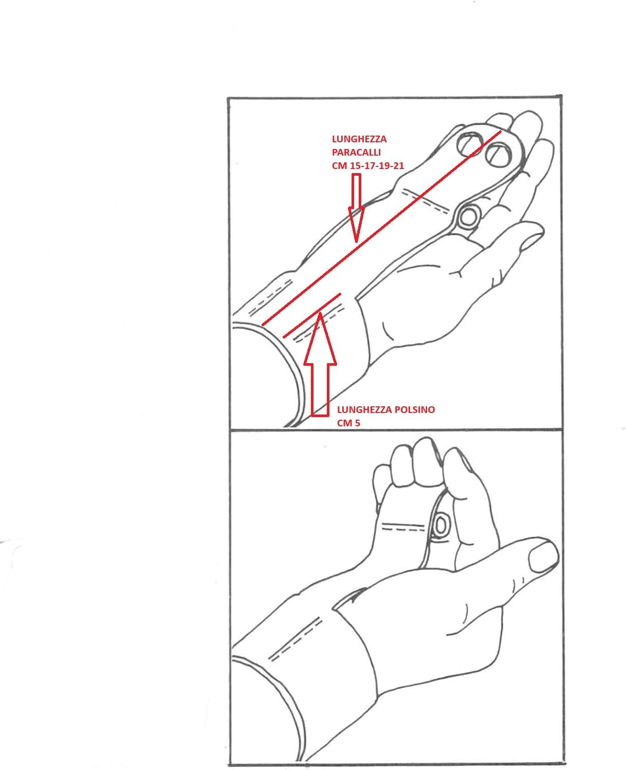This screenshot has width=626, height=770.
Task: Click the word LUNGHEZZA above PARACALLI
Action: point(359,139)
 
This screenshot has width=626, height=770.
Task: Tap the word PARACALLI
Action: point(356,152)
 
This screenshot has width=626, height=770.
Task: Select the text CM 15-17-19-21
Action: point(367,165)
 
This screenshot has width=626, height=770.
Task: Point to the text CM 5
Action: point(348,423)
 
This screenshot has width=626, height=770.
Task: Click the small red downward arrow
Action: point(356,208)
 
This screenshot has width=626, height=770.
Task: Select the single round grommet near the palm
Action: point(469,218)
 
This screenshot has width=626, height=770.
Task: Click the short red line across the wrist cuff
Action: point(312,315)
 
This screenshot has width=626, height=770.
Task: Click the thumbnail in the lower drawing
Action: point(542,557)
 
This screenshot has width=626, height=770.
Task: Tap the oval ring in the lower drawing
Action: point(441,524)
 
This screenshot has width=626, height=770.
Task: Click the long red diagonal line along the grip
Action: point(381,228)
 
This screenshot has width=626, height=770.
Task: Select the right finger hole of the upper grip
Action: point(499,155)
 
